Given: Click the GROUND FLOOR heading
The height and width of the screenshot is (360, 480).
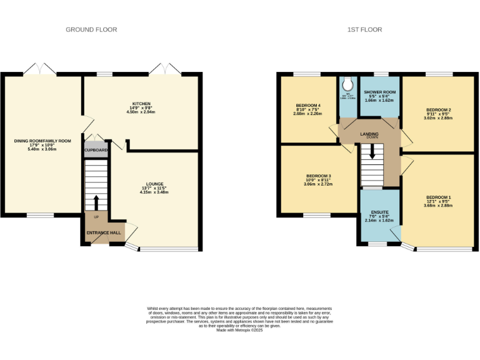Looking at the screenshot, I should (x=91, y=29).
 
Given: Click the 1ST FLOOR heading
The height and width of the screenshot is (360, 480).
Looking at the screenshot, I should (x=366, y=29).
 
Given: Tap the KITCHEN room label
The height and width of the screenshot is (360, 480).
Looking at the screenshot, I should (x=141, y=104).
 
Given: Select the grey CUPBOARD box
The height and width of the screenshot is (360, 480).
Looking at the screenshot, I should (x=96, y=151).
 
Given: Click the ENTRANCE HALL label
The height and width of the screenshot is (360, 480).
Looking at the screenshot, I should (x=104, y=233).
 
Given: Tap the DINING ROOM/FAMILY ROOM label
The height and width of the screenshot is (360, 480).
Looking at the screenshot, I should (x=43, y=141).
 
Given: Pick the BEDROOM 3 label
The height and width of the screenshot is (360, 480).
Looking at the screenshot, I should (x=318, y=176).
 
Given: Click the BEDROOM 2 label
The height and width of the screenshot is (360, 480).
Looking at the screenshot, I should (x=438, y=110).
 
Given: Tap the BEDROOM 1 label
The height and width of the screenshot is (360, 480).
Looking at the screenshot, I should (x=438, y=198).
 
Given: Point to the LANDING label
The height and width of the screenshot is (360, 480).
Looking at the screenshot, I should (x=369, y=134).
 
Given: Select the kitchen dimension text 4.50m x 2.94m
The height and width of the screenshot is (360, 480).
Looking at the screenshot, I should (x=141, y=112).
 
